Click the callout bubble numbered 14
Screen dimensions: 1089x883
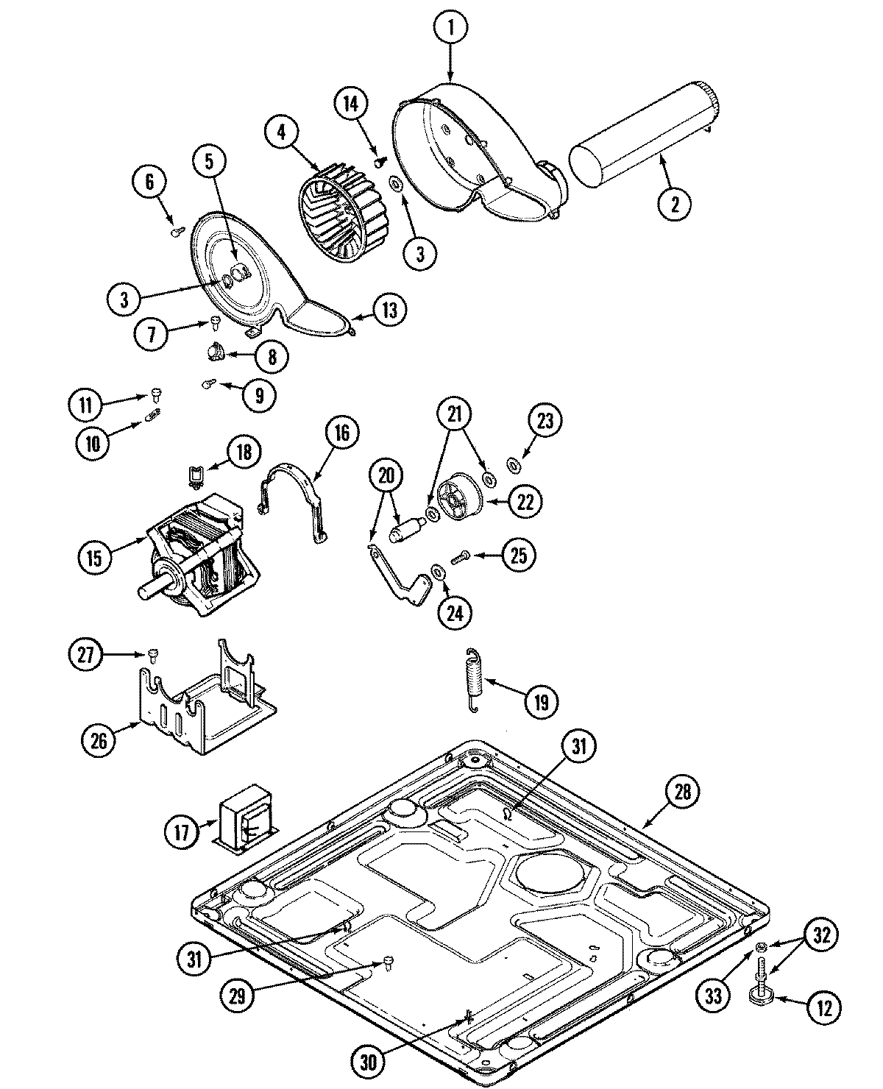352,104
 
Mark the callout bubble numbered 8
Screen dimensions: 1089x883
270,357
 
